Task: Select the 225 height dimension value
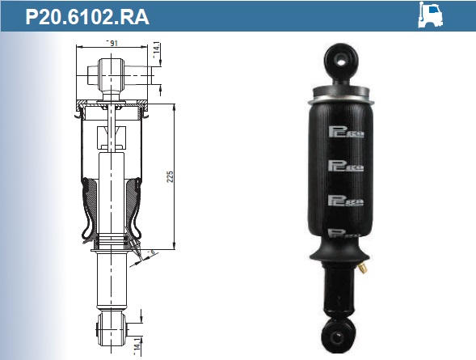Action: click(x=170, y=176)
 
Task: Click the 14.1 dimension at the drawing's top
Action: click(x=156, y=51)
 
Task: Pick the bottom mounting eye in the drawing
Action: click(x=108, y=328)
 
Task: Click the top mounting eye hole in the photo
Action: click(x=342, y=57)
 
